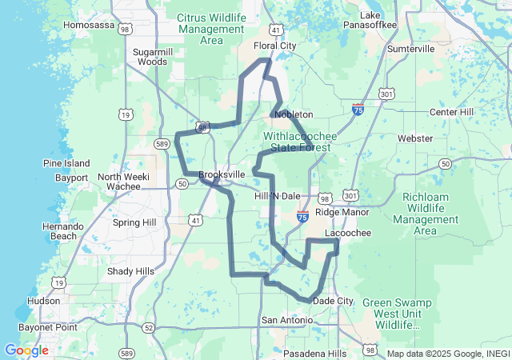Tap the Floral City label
(x=274, y=46)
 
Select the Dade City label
(x=333, y=301)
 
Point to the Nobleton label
(x=294, y=114)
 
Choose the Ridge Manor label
(x=342, y=212)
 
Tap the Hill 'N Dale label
(x=277, y=196)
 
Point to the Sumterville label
(x=410, y=49)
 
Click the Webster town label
(x=415, y=138)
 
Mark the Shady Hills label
(x=130, y=271)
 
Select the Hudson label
(x=43, y=301)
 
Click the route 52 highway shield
(x=150, y=327)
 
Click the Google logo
(x=26, y=350)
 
